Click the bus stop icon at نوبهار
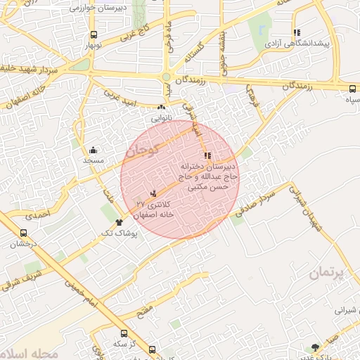(94, 34)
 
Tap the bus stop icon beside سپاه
(352, 89)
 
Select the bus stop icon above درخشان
(23, 233)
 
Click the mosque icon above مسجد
(94, 150)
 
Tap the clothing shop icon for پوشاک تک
(108, 222)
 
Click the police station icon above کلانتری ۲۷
(153, 193)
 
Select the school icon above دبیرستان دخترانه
(206, 156)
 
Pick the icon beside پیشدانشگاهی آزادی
(297, 32)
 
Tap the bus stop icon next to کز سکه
(124, 333)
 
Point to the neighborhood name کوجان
(145, 149)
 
